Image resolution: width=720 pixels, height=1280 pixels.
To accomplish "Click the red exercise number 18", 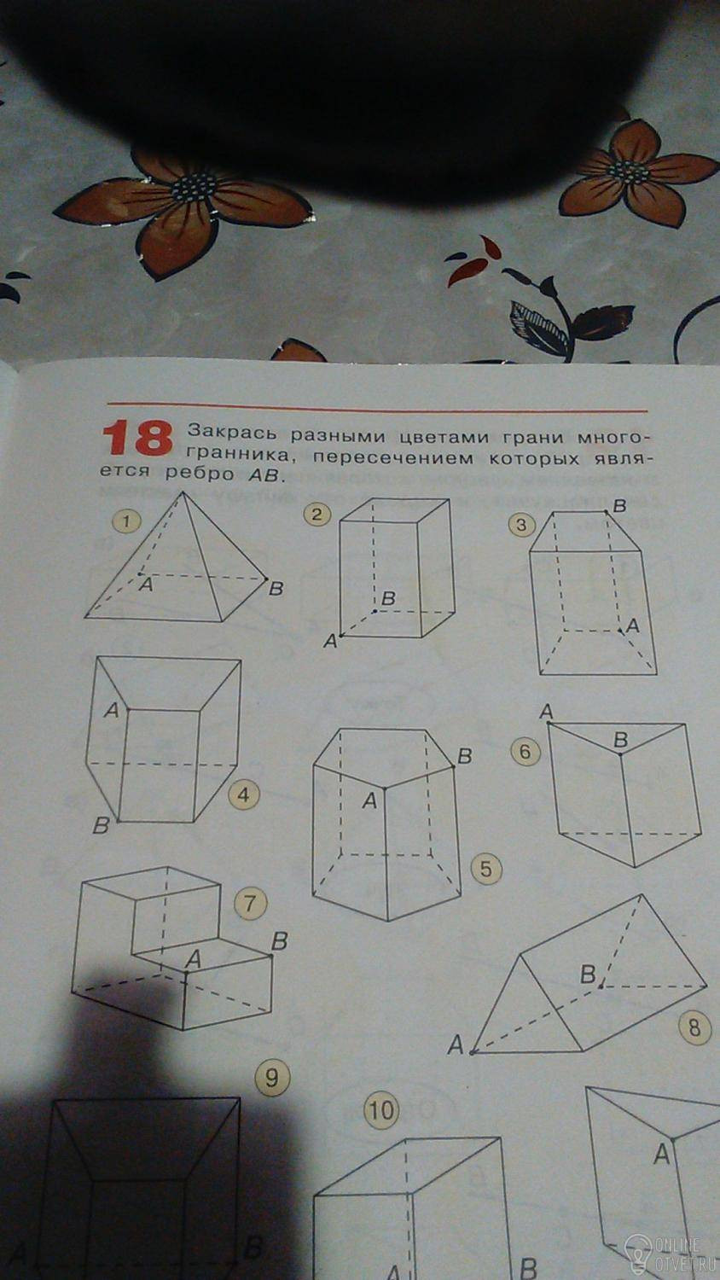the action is (137, 439).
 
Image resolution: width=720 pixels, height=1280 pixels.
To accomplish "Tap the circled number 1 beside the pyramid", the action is (127, 521).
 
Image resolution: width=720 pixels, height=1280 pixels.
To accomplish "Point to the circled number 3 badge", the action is (521, 525).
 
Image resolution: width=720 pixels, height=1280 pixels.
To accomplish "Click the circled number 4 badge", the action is (243, 795).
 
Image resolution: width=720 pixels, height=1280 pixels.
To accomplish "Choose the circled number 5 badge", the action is (485, 870).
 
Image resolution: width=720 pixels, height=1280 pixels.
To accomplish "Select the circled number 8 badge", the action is (694, 1028).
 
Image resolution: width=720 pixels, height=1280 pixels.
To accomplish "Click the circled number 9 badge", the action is (272, 1079).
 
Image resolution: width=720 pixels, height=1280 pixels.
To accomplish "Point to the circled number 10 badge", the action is (381, 1110).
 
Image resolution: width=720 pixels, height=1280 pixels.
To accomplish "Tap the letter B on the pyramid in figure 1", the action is (276, 589).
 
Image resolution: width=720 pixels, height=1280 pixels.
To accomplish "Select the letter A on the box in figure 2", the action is (329, 642).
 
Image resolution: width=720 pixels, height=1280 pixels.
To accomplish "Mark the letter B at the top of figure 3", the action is (618, 506).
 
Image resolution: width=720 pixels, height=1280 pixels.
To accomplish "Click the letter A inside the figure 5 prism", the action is (369, 802).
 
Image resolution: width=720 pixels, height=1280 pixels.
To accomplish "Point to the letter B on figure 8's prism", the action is (588, 974).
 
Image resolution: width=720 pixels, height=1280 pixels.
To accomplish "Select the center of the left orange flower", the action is (195, 186).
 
